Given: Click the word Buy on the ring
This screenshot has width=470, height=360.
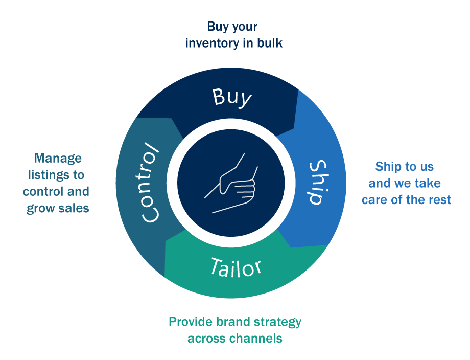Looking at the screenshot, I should coord(232,97).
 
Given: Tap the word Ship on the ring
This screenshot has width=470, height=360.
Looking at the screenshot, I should coord(317,183).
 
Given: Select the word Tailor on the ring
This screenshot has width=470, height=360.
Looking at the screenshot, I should coord(236,267).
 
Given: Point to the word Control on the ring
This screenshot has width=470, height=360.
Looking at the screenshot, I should coord(151,183).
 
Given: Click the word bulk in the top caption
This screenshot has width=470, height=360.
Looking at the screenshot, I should coord(269,43).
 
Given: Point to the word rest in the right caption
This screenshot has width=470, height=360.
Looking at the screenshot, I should coord(438,200).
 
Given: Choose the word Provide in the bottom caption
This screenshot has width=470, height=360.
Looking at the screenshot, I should coord(189,322).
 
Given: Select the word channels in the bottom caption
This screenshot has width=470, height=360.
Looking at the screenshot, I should coord(256,339).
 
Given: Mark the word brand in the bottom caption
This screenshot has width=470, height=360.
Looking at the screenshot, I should coord(231,322).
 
